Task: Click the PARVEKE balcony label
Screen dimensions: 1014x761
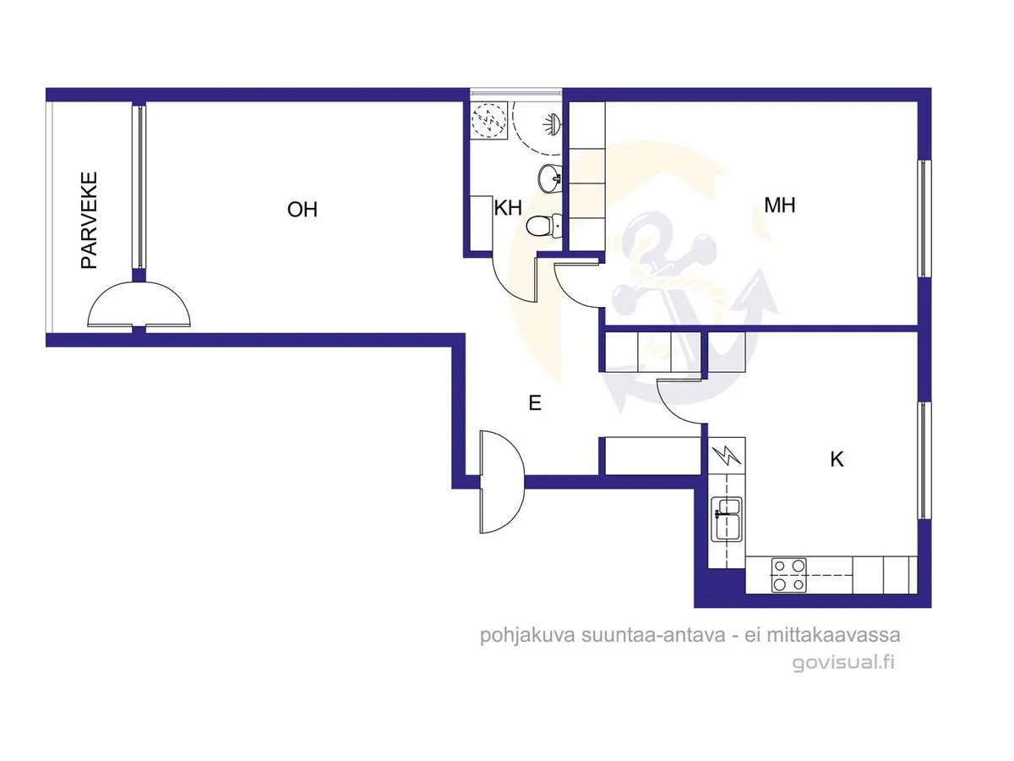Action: [90, 221]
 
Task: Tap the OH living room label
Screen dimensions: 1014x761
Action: [303, 210]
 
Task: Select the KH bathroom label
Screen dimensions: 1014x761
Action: [508, 208]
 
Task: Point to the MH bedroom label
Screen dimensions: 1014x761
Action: [780, 205]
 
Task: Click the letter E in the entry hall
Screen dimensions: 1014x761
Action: [535, 403]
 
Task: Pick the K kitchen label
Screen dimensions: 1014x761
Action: [837, 460]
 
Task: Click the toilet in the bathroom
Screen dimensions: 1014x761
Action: [543, 227]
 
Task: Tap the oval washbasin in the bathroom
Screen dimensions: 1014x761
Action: [550, 177]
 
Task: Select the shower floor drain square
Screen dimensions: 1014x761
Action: [489, 120]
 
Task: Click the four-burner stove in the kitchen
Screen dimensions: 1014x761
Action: [788, 575]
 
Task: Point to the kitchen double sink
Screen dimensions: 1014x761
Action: [727, 519]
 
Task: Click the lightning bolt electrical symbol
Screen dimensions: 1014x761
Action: [727, 456]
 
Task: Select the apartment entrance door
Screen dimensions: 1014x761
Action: [503, 482]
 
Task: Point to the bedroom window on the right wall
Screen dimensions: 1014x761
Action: [924, 218]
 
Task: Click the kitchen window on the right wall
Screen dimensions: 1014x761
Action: [924, 460]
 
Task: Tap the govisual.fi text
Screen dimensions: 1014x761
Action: [843, 663]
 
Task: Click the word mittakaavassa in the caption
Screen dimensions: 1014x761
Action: [833, 635]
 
